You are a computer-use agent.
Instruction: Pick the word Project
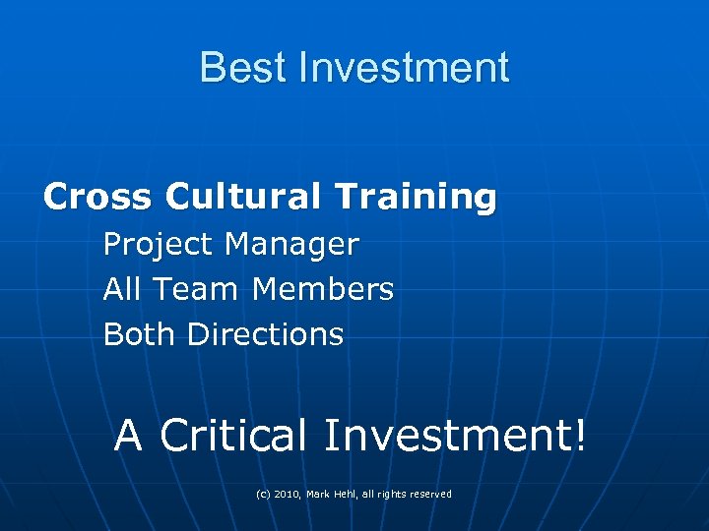coord(159,245)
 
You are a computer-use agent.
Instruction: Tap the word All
coord(122,290)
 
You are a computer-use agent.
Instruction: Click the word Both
coord(140,335)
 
